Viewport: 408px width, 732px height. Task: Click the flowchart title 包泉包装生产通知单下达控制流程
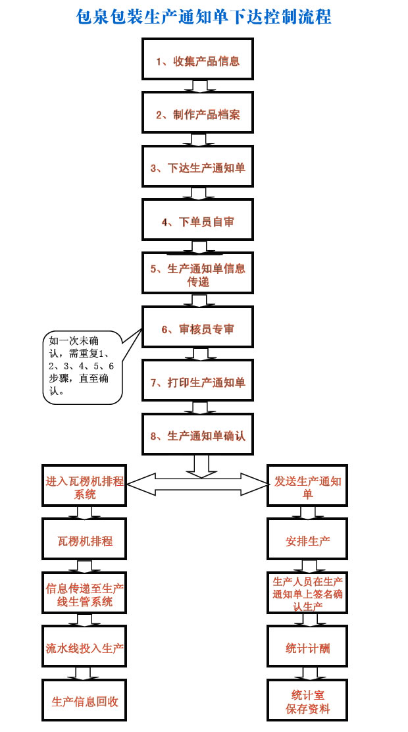204,16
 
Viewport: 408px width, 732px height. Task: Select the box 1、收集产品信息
197,61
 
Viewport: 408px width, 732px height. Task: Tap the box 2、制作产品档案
197,114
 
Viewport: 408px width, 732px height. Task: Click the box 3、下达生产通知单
197,167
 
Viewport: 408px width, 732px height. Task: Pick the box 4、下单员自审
197,221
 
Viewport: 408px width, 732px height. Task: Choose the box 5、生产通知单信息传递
197,274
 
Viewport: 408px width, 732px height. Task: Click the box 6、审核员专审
197,328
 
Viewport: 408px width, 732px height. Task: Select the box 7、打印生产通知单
197,382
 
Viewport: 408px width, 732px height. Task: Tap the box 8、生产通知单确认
197,435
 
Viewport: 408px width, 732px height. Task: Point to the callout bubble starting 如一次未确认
82,367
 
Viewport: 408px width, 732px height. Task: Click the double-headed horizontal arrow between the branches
196,484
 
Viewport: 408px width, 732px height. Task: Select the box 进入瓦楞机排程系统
84,486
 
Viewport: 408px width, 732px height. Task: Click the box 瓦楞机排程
84,540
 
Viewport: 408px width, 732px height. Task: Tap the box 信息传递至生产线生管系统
84,594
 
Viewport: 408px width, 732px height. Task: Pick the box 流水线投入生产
84,648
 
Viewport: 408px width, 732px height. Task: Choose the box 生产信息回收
84,701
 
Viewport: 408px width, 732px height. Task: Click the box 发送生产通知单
307,486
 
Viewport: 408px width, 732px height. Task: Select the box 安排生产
307,540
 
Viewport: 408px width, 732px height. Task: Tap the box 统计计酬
307,648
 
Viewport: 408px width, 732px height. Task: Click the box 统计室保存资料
307,701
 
